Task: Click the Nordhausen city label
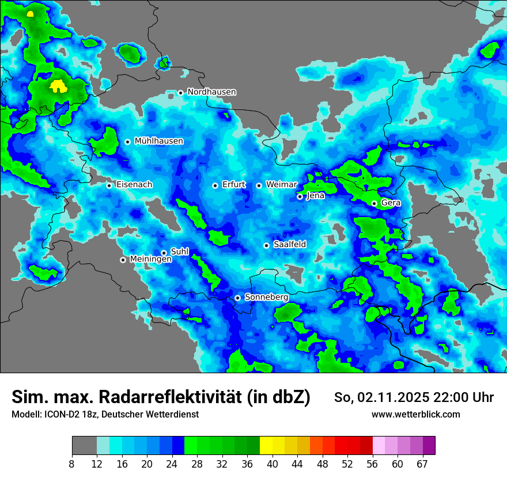211,92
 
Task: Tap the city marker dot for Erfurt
215,185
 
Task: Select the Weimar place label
281,185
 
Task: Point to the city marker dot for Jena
300,196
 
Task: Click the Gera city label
391,203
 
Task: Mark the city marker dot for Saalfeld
266,245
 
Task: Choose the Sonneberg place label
266,297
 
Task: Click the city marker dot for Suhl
164,253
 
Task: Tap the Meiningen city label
150,260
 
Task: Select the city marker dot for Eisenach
109,185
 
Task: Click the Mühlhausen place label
158,141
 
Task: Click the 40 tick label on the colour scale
273,464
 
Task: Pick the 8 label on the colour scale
72,464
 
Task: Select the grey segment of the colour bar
84,446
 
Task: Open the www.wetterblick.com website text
415,415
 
